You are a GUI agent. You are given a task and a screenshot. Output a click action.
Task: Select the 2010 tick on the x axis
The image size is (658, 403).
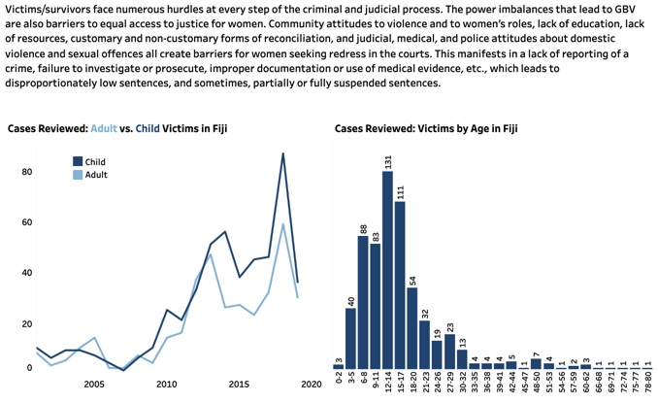(x=167, y=385)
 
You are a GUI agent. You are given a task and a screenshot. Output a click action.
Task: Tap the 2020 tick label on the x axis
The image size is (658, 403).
(x=311, y=385)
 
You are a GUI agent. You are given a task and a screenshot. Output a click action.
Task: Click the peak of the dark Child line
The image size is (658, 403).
(x=283, y=153)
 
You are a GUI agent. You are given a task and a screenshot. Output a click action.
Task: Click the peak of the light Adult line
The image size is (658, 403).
(x=283, y=224)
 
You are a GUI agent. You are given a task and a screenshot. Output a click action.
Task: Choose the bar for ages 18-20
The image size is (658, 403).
(x=412, y=328)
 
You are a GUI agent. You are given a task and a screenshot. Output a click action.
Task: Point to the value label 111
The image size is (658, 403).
(x=400, y=191)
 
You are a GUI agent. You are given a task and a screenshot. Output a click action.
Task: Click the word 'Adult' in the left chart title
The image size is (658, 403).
(x=104, y=127)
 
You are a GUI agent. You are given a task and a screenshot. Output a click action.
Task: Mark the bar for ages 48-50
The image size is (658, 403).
(x=536, y=364)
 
